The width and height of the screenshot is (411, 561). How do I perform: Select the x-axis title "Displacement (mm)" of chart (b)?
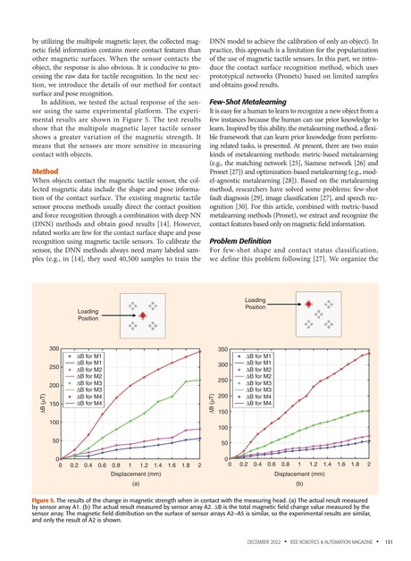pos(298,475)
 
